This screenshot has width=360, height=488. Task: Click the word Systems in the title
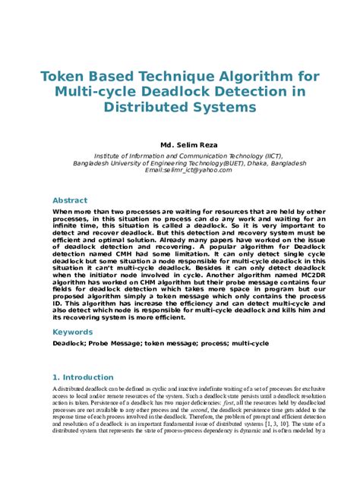click(220, 107)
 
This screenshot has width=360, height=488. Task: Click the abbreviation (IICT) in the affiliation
click(271, 154)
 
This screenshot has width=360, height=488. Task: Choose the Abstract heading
click(70, 200)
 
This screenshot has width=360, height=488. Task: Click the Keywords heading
click(73, 332)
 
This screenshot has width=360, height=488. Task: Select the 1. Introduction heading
click(83, 377)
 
